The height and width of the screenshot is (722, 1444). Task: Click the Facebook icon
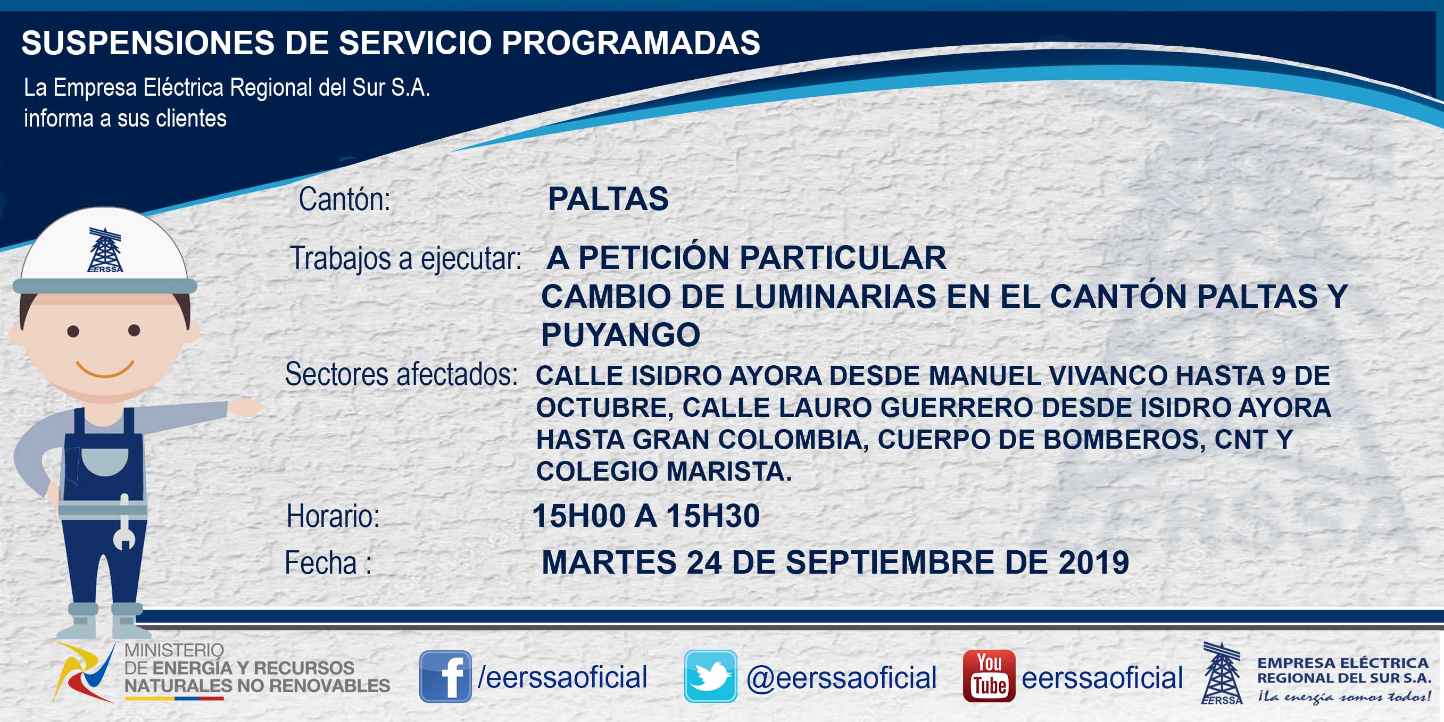coord(445,676)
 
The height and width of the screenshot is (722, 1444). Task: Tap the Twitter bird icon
coord(710,676)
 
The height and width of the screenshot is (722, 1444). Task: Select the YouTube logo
coord(989,676)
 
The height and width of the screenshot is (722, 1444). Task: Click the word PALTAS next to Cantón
coord(608,199)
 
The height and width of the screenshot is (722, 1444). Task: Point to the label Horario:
coord(333,516)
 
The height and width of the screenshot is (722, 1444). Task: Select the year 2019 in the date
coord(1094,563)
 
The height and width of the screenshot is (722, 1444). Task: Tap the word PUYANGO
coord(620,335)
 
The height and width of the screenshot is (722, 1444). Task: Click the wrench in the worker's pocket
coord(125,522)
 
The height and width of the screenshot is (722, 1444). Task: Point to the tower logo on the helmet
coord(105,250)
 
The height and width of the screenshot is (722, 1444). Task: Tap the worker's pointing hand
coord(244,407)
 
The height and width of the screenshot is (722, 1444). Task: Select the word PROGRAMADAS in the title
coord(630,43)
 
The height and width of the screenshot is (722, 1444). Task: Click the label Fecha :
coord(328,563)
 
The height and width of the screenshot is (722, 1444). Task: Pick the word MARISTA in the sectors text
coord(729,471)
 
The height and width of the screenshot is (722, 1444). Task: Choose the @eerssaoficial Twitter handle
coord(841,677)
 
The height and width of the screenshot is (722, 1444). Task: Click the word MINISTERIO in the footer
coord(174,650)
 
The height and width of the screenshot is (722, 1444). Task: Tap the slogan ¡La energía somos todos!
coord(1343,697)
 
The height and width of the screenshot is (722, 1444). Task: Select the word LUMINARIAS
coord(835,296)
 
